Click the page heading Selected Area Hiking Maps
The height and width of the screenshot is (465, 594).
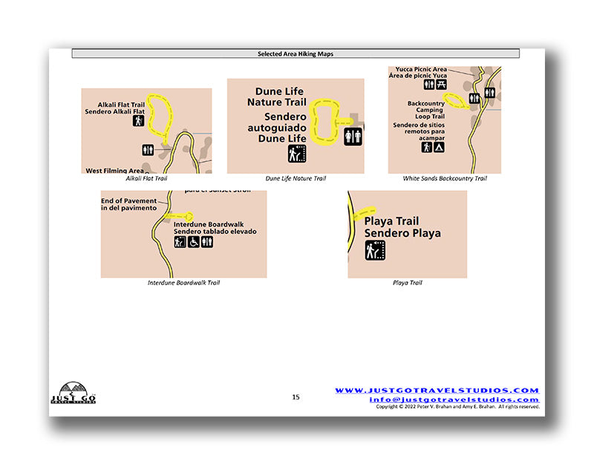pyautogui.click(x=296, y=54)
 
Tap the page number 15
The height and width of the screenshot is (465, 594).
pyautogui.click(x=296, y=397)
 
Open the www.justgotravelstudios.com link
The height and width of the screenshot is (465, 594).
pyautogui.click(x=437, y=391)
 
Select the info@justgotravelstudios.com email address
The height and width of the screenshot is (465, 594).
pyautogui.click(x=454, y=400)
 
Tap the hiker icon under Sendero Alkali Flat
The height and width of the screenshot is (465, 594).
pyautogui.click(x=138, y=120)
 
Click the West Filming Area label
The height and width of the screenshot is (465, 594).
pyautogui.click(x=115, y=170)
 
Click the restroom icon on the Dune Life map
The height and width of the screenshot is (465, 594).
pyautogui.click(x=353, y=137)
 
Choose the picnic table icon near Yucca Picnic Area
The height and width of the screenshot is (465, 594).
pyautogui.click(x=442, y=85)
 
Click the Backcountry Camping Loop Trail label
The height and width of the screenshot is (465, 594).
pyautogui.click(x=425, y=110)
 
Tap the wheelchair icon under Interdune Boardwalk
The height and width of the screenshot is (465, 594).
pyautogui.click(x=193, y=241)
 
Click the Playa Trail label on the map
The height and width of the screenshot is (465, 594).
pyautogui.click(x=391, y=221)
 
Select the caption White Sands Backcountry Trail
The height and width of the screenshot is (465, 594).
pyautogui.click(x=444, y=178)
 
